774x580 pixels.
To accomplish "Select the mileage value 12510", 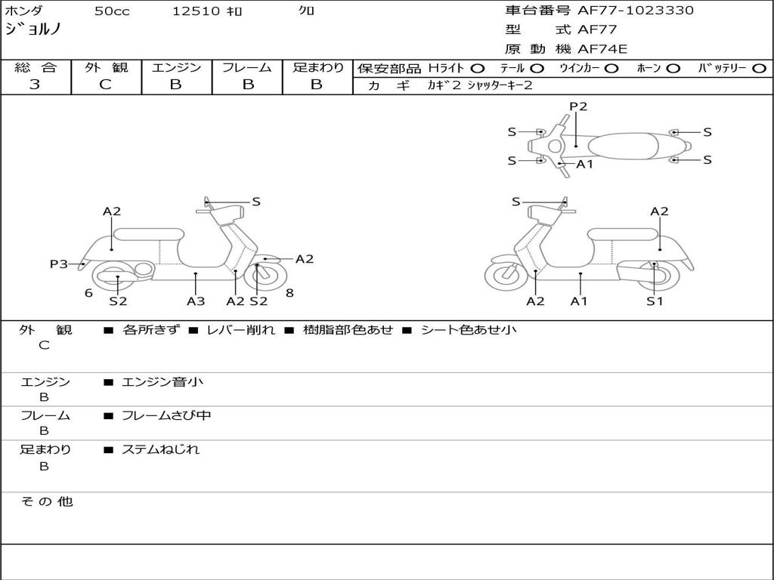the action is click(x=196, y=11).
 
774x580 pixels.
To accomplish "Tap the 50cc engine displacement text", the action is click(x=110, y=11).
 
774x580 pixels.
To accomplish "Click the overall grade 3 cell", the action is click(x=35, y=85).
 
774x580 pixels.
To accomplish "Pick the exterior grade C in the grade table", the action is click(x=105, y=85).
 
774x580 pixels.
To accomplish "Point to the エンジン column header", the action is click(x=176, y=67).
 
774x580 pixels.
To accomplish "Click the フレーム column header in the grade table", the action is click(x=246, y=67).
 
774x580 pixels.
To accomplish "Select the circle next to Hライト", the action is click(x=478, y=68).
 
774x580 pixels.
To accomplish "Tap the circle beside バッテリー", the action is click(x=759, y=68).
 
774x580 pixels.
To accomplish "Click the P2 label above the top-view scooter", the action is click(x=578, y=106).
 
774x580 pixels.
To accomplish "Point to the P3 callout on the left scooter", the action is click(x=59, y=264).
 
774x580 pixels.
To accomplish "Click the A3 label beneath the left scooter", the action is click(x=196, y=301).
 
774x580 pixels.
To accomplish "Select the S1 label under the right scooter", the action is click(x=655, y=301).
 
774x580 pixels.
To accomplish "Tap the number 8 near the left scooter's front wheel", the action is click(x=289, y=292).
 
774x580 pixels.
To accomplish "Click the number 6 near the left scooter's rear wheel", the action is click(x=88, y=292).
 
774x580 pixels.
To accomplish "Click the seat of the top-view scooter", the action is click(x=626, y=146).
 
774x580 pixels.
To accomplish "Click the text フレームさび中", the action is click(x=166, y=415).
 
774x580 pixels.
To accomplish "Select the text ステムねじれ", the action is click(x=160, y=449).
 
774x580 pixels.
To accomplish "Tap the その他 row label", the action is click(x=47, y=501).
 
